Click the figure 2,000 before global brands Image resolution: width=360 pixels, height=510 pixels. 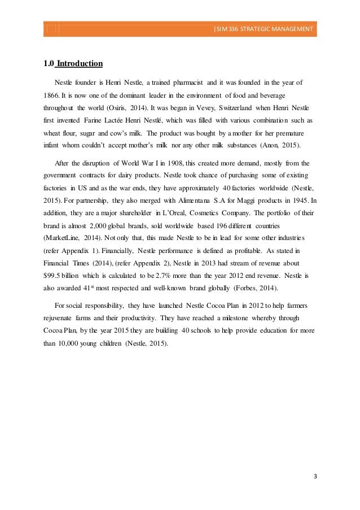(x=101, y=228)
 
